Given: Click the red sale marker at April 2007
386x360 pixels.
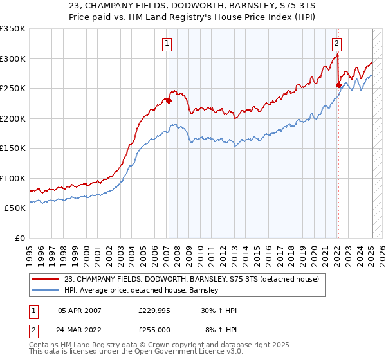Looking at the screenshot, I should point(169,100).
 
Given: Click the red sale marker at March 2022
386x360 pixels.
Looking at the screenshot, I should point(338,85).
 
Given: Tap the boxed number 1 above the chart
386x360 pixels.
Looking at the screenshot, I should point(167,44).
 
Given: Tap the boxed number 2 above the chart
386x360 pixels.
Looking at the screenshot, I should point(336,44).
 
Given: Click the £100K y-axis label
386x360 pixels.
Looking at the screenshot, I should point(13,178).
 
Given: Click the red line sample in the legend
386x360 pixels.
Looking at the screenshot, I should point(46,278).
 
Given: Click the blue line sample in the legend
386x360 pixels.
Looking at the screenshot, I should point(46,291).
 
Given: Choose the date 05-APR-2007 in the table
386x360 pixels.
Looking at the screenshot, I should point(79,310).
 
